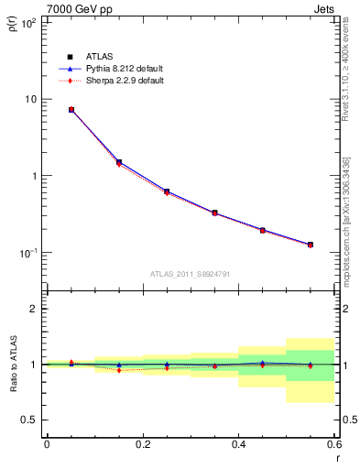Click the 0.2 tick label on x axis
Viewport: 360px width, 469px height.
coord(142,444)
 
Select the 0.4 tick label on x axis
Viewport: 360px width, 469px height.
coord(238,444)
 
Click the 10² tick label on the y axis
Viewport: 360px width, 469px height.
coord(27,22)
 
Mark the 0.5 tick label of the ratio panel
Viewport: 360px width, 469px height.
coord(30,420)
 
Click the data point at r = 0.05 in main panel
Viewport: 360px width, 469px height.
coord(71,109)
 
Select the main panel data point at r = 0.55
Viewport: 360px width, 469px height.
coord(311,245)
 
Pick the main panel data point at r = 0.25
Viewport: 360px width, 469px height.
coord(167,191)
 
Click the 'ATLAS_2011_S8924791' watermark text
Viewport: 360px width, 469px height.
coord(190,274)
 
